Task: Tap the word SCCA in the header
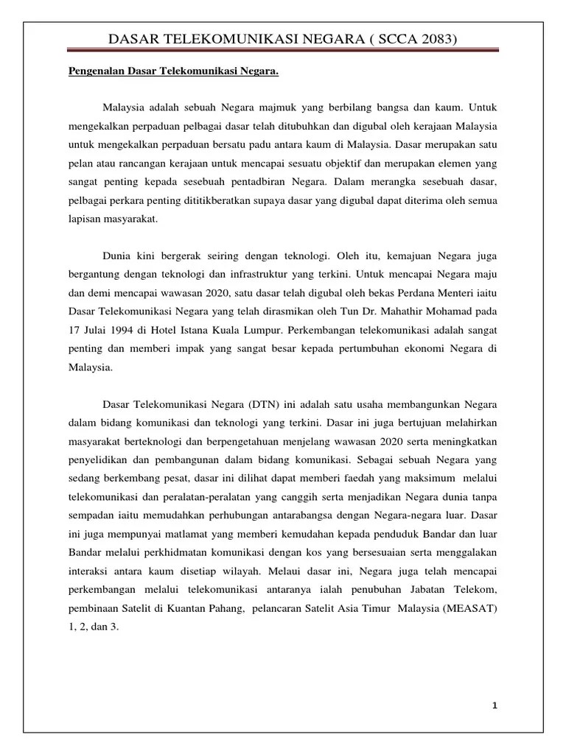tap(388, 38)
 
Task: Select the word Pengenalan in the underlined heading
tap(87, 72)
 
